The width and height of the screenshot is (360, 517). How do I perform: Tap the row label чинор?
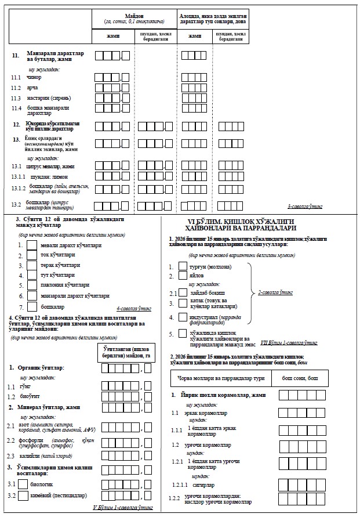coord(35,77)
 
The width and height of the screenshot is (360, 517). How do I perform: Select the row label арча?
coord(33,87)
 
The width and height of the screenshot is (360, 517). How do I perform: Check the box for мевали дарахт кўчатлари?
coord(32,245)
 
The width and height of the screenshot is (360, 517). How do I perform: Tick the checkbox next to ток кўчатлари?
coord(32,255)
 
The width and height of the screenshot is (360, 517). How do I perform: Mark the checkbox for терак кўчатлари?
coord(32,265)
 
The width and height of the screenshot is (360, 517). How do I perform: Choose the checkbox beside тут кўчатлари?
coord(32,274)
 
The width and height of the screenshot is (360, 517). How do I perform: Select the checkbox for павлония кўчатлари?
coord(32,285)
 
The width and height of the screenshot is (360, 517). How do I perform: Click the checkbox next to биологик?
coord(23,483)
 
